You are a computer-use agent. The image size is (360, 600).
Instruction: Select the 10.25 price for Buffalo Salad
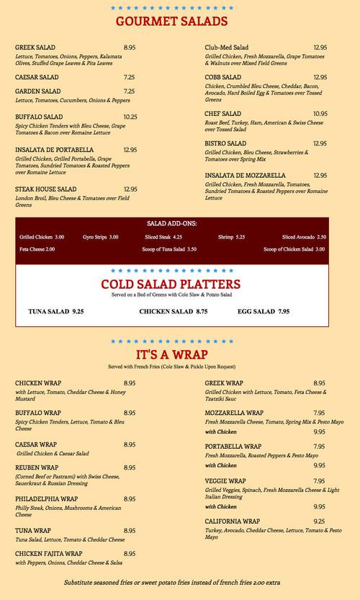(130, 117)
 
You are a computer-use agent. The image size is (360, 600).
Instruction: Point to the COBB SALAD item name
(223, 77)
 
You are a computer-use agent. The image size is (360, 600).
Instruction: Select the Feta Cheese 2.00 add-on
(37, 249)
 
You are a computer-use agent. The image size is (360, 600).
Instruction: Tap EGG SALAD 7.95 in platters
(264, 311)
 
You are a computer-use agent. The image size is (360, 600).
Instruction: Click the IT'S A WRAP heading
(172, 355)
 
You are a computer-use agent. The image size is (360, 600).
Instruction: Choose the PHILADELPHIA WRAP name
(48, 498)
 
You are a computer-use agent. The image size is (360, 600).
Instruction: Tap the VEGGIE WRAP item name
(225, 480)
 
